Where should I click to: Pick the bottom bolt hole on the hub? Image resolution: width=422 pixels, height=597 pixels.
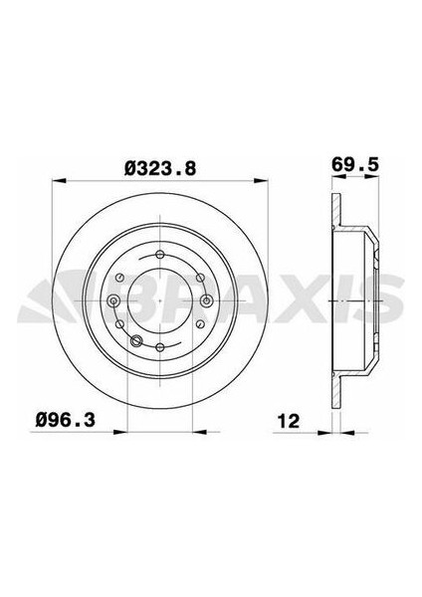(159, 346)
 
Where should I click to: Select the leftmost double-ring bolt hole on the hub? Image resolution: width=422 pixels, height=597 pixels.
(112, 300)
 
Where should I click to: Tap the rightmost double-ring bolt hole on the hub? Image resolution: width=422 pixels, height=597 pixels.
(206, 300)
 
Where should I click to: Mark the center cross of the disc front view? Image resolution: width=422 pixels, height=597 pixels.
(159, 300)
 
